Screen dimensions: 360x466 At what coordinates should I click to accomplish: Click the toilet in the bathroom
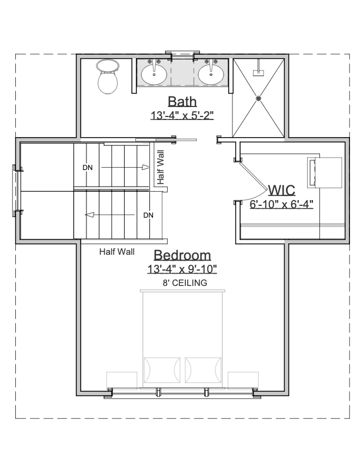(108, 76)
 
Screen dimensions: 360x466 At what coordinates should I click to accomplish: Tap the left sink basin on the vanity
(154, 75)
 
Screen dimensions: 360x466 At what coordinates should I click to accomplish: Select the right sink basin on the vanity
(211, 75)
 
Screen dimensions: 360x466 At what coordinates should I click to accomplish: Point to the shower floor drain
(258, 98)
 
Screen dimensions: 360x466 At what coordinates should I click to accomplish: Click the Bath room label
(182, 101)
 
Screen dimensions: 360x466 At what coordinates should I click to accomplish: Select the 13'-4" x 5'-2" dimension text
(182, 115)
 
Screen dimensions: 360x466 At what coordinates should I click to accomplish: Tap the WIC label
(282, 190)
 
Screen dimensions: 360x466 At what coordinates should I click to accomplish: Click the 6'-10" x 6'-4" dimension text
(282, 205)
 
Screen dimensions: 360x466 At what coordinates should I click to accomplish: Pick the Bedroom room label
(182, 255)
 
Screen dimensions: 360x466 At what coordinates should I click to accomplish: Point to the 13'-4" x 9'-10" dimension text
(182, 269)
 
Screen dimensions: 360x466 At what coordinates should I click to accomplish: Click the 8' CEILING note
(185, 283)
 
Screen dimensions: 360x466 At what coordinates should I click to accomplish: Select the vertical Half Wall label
(161, 167)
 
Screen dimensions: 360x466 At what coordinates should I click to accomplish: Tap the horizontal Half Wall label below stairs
(116, 252)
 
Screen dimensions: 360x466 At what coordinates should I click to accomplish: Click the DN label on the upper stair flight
(88, 168)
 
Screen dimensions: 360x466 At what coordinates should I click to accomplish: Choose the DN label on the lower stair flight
(148, 215)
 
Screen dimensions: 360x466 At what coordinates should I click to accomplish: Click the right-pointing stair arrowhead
(145, 167)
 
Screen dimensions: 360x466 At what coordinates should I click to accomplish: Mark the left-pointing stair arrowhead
(89, 215)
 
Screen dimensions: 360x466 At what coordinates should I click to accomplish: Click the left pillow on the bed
(162, 370)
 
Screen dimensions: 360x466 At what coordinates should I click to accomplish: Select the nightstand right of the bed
(243, 380)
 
